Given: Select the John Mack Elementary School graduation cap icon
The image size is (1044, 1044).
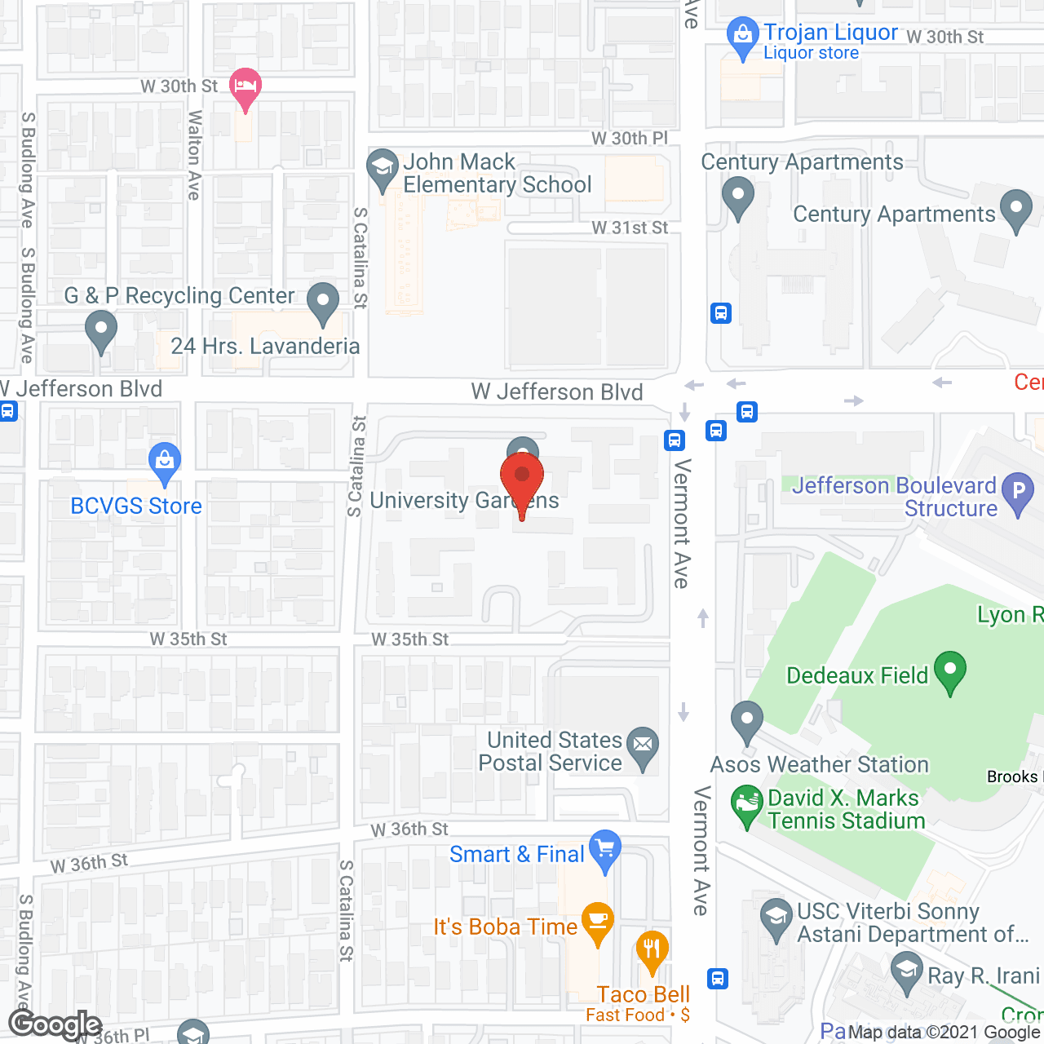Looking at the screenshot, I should [382, 168].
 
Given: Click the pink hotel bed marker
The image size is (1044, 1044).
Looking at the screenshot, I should [245, 86].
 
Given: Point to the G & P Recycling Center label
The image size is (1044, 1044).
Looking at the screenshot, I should [179, 295].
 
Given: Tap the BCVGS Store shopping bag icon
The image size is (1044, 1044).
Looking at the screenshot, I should [165, 464].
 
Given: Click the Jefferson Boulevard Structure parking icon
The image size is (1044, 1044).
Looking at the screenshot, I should [1018, 492].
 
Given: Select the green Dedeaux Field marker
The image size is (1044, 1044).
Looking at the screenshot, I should [950, 671].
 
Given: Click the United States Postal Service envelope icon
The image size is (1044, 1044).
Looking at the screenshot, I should [644, 745].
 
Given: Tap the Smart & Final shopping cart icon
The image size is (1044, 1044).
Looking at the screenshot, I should [605, 850].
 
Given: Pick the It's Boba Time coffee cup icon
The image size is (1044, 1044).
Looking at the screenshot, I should [598, 922].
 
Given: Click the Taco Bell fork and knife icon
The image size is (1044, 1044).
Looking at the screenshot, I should [652, 950].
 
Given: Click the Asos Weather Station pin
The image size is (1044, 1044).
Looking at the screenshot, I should [747, 721].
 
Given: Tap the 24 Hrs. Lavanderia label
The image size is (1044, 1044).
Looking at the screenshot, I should [265, 347].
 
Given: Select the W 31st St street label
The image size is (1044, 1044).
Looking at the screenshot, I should [630, 228].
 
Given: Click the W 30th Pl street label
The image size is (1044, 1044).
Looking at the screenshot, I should [629, 139].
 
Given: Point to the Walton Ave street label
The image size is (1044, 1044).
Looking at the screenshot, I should [194, 155].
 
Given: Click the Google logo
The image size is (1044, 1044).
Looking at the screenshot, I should [55, 1024].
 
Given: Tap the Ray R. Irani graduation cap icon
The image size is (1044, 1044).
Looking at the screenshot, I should [906, 972].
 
